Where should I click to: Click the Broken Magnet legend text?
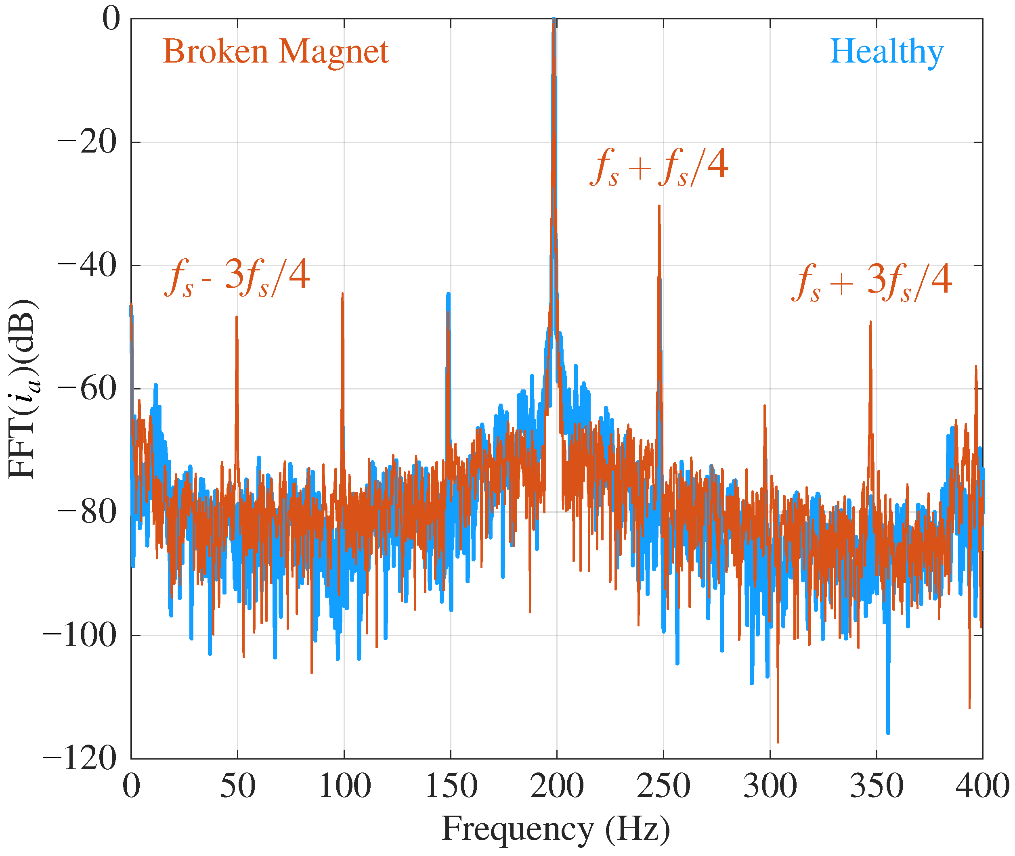pos(275,51)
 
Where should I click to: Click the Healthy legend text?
pos(886,51)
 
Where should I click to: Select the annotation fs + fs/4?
pos(659,167)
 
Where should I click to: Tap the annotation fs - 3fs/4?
pos(237,278)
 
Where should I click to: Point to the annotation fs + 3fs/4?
pos(871,283)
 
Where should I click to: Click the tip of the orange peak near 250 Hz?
pos(659,206)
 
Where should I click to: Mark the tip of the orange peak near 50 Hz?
pos(237,317)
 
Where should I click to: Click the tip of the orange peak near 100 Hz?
pos(342,293)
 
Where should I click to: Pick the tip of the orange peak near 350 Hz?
pos(870,322)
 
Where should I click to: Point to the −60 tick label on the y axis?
pos(87,389)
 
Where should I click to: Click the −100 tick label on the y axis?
pos(80,635)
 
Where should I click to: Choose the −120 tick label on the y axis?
pos(80,758)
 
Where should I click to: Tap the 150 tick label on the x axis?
pos(451,786)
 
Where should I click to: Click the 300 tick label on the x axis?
pos(770,786)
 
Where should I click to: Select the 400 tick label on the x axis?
pos(982,786)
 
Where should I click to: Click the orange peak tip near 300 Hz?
pos(765,405)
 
